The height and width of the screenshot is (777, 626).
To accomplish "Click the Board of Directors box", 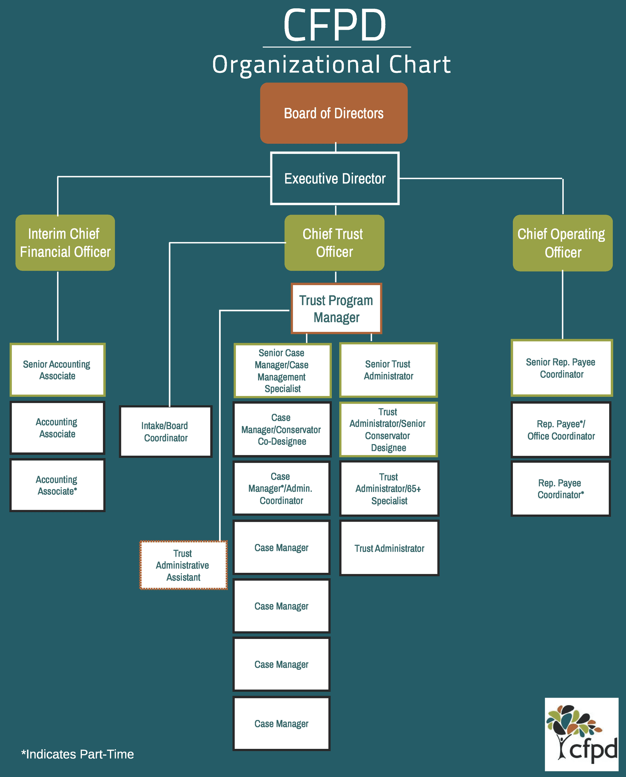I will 334,113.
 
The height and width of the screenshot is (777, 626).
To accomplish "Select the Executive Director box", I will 335,178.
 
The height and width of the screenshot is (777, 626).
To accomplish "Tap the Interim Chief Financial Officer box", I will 65,243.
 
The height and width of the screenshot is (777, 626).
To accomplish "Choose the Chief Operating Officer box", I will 562,243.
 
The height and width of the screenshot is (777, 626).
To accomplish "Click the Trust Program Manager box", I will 336,309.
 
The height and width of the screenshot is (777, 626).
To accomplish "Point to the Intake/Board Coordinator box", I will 165,432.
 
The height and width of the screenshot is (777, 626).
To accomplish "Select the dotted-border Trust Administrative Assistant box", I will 183,565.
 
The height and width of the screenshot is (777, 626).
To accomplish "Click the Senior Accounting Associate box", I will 57,370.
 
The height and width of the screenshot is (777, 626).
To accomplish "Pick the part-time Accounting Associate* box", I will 57,485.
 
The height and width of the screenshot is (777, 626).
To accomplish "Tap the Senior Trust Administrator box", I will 388,370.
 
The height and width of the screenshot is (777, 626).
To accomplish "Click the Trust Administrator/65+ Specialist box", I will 389,488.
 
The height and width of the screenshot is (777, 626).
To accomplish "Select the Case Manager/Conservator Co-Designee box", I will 282,429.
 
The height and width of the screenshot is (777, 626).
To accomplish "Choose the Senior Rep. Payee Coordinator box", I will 561,368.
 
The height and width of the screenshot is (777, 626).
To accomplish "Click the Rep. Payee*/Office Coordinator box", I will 561,430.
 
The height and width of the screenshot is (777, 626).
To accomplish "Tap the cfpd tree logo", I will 581,734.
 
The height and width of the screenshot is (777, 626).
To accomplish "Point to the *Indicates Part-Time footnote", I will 77,754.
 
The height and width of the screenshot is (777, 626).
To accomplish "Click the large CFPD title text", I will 335,25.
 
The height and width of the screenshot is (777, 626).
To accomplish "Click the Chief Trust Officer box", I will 334,243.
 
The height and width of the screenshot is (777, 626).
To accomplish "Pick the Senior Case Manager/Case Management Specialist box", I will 282,370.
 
